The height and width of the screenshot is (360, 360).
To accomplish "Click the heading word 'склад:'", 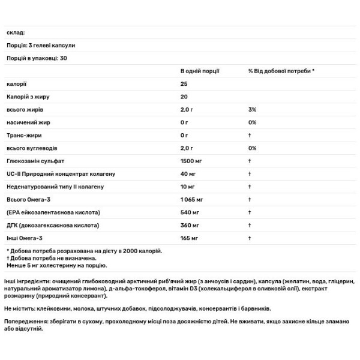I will [15, 33].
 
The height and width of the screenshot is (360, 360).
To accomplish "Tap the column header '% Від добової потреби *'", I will [281, 71].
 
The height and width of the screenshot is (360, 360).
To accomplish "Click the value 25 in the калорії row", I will [184, 84].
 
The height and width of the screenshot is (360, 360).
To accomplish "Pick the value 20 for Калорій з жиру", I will [184, 97].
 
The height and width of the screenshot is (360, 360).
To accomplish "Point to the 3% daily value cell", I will [252, 110].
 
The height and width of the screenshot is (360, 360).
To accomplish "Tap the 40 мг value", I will [188, 173].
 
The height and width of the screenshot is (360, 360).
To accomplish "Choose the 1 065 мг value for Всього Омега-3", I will [193, 199].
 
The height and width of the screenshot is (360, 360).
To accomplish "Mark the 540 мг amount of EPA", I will [190, 212].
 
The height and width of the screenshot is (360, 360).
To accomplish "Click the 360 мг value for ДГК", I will [190, 225].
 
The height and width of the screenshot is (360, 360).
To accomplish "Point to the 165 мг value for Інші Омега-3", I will [190, 238].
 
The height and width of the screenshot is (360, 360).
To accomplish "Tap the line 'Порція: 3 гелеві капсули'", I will [41, 45].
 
